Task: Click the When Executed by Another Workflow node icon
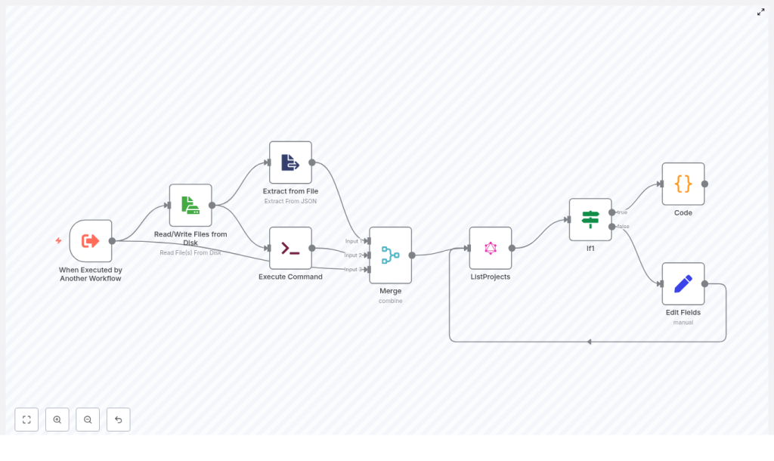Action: (91, 241)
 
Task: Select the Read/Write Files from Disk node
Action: (190, 205)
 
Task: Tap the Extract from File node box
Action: (290, 162)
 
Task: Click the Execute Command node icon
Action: (290, 248)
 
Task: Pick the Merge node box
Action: (390, 255)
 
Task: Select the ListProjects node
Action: (491, 248)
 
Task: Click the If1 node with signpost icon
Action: (590, 219)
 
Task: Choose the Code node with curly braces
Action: (683, 184)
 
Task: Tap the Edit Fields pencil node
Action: (683, 284)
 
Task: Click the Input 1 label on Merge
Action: (353, 241)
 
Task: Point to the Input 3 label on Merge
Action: (353, 269)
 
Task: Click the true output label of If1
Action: (622, 212)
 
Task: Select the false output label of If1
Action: (623, 227)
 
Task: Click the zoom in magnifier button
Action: (57, 419)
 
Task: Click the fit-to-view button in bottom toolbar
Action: (26, 419)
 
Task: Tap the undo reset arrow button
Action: (118, 419)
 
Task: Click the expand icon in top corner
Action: (760, 12)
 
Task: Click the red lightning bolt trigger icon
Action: (58, 241)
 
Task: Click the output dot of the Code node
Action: (704, 184)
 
